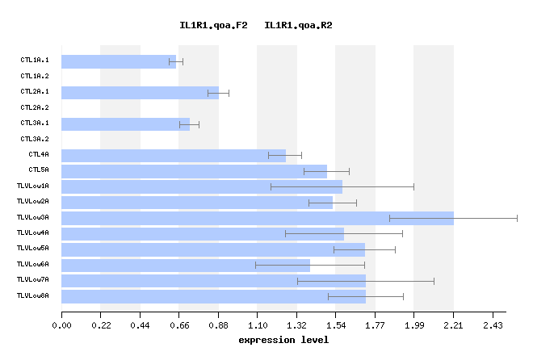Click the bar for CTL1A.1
coord(119,61)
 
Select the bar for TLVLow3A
coord(258,218)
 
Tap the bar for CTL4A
coord(174,155)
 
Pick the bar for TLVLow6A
coord(186,265)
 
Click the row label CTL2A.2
coord(35,107)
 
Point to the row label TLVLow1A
coord(32,186)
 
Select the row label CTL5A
coord(39,170)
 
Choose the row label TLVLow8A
coord(32,296)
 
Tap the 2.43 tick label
coord(493,325)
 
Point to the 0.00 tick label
coord(61,325)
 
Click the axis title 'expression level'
coord(283,340)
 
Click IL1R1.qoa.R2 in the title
coord(298,26)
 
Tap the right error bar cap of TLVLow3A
coord(517,218)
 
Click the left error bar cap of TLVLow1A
coord(271,186)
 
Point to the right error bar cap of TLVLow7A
coord(434,281)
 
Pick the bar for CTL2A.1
coord(140,93)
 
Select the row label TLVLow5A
coord(32,249)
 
